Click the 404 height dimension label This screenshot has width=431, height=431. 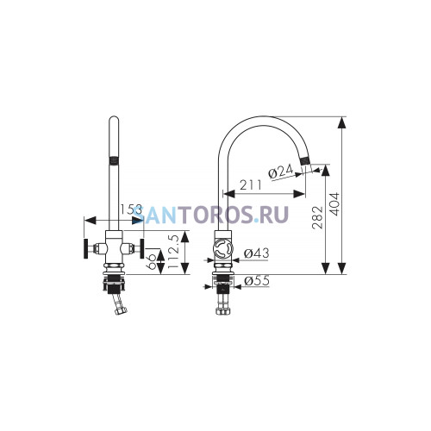point(334,204)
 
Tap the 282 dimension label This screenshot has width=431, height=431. point(318,217)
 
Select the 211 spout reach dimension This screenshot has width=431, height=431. point(251,185)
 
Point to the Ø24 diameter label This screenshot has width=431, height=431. point(280,172)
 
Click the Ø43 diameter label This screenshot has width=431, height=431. point(257,253)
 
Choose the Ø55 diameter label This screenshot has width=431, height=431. point(257,281)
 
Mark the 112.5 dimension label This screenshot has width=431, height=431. point(173,252)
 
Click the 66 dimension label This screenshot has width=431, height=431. point(152,261)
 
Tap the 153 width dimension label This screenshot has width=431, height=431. point(131,209)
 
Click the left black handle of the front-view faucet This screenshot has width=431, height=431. point(85,248)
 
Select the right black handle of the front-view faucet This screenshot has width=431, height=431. point(142,248)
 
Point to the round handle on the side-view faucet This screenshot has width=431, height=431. point(223,249)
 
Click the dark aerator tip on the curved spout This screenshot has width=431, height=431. point(305,159)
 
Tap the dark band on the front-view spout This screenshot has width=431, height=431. point(114,160)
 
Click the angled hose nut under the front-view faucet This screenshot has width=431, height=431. point(121,310)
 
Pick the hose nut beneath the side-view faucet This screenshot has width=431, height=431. point(223,311)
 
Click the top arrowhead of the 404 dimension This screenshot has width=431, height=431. point(341,122)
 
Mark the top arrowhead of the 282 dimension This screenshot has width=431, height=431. point(325,170)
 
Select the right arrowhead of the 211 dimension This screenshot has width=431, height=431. point(299,194)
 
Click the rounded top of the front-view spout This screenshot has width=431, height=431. point(114,118)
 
